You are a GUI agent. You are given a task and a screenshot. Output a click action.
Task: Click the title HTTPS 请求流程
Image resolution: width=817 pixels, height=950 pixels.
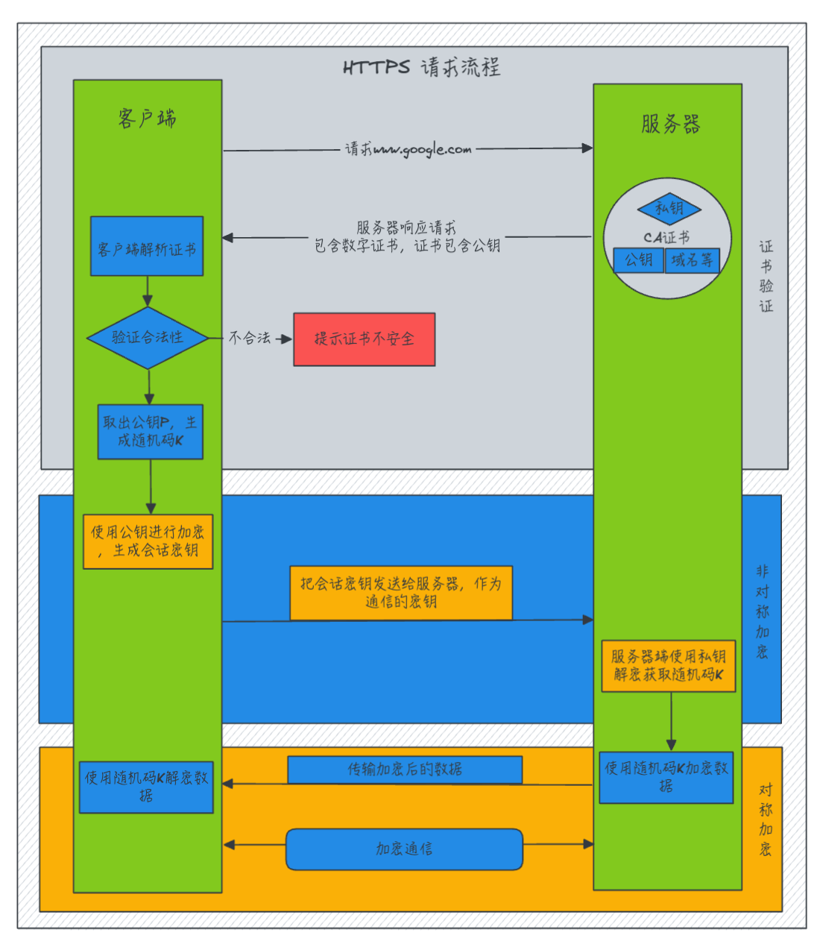click(x=421, y=67)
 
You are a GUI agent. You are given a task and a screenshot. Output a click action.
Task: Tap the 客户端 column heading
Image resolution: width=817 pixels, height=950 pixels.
click(x=148, y=119)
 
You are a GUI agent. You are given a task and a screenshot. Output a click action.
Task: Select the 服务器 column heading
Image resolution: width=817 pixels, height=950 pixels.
click(x=670, y=124)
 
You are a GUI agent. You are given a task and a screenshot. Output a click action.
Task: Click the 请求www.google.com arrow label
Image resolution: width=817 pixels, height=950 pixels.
click(x=408, y=149)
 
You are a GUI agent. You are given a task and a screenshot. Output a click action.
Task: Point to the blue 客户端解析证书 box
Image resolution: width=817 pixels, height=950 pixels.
click(x=147, y=247)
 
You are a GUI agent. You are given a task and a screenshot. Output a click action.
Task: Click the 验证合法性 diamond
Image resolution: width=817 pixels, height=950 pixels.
click(x=148, y=338)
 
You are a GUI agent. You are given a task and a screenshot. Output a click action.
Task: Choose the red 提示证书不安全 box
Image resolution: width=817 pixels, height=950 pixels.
click(x=364, y=339)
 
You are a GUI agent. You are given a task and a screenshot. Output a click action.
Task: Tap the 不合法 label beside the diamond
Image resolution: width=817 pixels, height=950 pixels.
click(x=249, y=338)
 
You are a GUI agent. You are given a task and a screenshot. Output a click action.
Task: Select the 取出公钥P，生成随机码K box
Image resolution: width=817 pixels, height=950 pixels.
click(x=150, y=432)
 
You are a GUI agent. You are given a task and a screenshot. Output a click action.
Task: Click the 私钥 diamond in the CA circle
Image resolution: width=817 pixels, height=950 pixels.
click(x=669, y=209)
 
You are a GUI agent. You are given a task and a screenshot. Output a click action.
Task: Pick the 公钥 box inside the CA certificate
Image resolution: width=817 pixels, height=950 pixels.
click(x=638, y=260)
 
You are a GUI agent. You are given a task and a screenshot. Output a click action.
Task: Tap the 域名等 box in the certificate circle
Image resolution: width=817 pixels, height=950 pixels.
click(x=692, y=260)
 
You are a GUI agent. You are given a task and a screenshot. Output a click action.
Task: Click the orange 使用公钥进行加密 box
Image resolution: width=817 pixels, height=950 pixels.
click(x=148, y=541)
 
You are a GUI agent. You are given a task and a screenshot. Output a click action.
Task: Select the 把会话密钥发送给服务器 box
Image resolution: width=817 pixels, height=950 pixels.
click(x=401, y=593)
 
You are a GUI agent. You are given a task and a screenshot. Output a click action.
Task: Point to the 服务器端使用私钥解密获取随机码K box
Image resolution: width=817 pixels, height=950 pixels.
click(x=668, y=666)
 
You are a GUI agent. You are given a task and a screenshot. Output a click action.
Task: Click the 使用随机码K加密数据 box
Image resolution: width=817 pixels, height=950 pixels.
click(x=666, y=777)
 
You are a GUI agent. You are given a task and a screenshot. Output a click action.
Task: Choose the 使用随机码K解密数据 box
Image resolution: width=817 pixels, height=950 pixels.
click(x=146, y=787)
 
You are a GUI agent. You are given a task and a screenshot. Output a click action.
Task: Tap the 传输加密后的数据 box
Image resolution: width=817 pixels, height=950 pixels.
click(x=405, y=770)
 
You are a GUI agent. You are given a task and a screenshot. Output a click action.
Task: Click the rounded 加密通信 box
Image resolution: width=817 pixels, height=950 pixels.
click(x=404, y=849)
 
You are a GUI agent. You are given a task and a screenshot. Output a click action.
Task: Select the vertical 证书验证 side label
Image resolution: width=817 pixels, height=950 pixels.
click(x=766, y=276)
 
